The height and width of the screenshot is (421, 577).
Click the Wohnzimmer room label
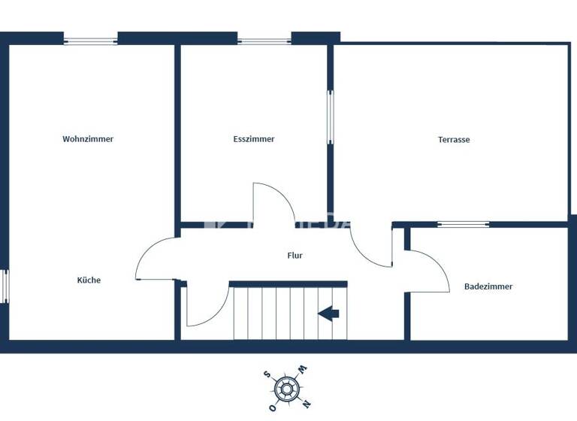88,139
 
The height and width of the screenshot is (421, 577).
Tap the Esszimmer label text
254,139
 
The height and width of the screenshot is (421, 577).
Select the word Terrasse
454,140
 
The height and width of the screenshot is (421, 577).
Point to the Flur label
295,256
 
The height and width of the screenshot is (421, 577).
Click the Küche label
89,280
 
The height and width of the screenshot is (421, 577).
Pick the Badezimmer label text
488,286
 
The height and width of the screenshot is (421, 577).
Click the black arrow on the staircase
328,313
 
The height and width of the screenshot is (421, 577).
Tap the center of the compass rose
285,389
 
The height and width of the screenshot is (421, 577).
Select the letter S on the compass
267,374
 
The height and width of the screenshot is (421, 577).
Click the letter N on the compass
306,404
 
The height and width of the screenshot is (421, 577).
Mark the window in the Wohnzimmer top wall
91,41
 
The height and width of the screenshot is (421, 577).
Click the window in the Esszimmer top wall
264,41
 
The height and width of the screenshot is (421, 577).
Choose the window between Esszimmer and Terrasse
330,117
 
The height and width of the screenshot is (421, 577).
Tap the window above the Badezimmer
463,224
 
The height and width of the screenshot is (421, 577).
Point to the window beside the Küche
4,286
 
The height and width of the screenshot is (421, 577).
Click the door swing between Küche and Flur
156,259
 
